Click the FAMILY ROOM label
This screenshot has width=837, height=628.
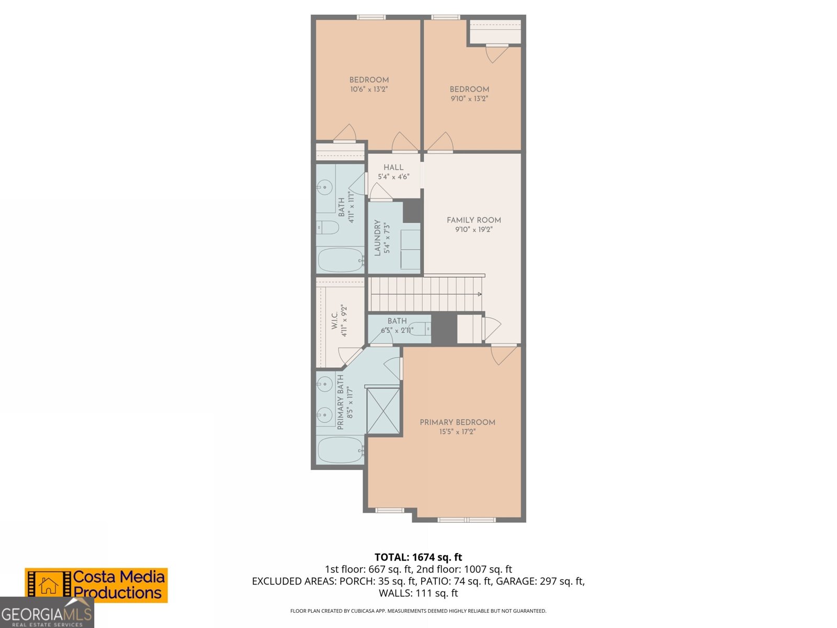[473, 220]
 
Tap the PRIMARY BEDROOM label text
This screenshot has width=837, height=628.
[457, 422]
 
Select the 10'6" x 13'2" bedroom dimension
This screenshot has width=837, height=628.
[369, 89]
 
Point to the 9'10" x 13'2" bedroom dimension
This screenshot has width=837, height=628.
[469, 99]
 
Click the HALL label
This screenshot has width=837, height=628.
[393, 167]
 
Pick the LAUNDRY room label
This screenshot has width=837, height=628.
[378, 238]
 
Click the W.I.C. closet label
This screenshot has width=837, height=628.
[335, 321]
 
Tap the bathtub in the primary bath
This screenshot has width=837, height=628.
[341, 450]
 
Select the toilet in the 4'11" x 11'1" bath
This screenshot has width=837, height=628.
[328, 228]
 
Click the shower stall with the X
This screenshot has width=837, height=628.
[383, 411]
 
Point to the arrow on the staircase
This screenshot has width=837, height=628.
[479, 294]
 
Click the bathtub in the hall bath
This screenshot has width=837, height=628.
[341, 260]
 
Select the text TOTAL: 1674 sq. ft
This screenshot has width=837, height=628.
[418, 557]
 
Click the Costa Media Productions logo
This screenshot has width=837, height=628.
[96, 585]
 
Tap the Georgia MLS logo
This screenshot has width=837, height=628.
[47, 613]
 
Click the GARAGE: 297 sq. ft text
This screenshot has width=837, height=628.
[540, 581]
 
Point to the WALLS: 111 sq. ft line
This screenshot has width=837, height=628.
[418, 593]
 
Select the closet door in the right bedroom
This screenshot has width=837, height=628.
[496, 53]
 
